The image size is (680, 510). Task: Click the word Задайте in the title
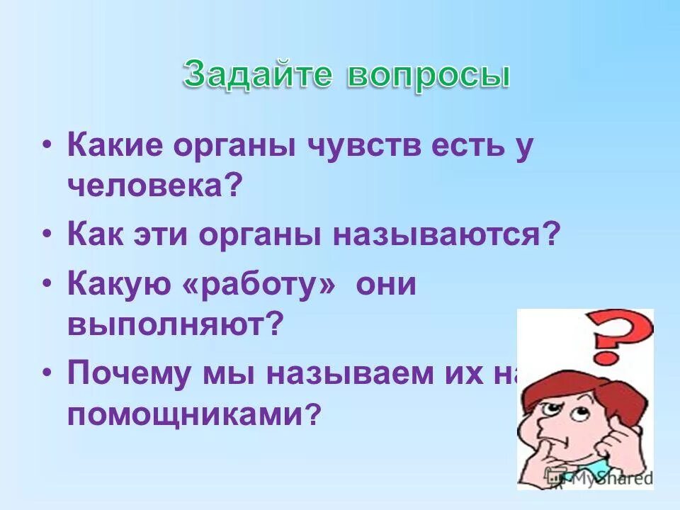click(259, 75)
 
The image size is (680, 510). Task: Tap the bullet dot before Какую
click(47, 283)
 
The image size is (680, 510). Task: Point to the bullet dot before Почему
click(47, 372)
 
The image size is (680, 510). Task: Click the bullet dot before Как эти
click(47, 232)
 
